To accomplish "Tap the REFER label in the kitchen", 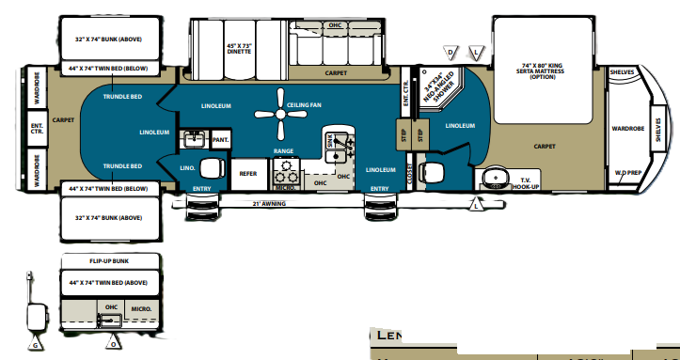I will click(248, 173).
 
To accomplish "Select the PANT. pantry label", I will click(220, 139).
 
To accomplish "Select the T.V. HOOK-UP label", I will click(525, 182).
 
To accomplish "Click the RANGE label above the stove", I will click(284, 150).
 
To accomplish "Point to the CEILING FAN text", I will click(304, 105).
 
